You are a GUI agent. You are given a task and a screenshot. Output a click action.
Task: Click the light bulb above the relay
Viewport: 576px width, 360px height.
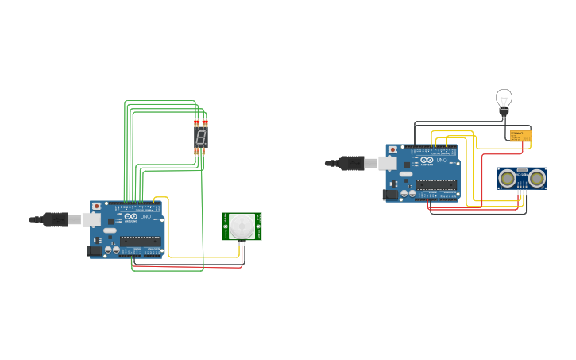point(504,99)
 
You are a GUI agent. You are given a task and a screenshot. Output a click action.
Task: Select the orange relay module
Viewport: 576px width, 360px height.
point(520,136)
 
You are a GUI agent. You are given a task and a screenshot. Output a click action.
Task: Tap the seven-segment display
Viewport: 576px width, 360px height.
point(201,137)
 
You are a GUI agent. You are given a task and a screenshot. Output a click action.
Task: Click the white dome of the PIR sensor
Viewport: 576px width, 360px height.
point(242,226)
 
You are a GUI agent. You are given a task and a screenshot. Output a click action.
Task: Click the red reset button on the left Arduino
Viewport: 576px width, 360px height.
point(97,206)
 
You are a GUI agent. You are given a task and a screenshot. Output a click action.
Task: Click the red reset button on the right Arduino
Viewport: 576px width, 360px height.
point(392,149)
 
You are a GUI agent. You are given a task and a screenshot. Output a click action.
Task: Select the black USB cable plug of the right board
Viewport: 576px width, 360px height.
point(352,163)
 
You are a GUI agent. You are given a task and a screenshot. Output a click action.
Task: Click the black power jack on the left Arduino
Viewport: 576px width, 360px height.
point(95,251)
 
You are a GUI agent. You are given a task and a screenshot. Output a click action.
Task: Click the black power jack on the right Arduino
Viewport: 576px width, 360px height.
point(390,194)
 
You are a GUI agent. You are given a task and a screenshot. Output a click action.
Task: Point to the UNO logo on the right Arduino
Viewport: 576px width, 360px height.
point(434,161)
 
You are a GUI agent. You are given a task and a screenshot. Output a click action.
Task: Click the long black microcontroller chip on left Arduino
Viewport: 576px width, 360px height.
point(141,241)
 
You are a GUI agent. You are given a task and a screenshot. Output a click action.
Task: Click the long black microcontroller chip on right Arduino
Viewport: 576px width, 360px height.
point(436,184)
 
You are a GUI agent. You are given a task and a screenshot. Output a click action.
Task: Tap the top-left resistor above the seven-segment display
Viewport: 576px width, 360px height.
point(196,123)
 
